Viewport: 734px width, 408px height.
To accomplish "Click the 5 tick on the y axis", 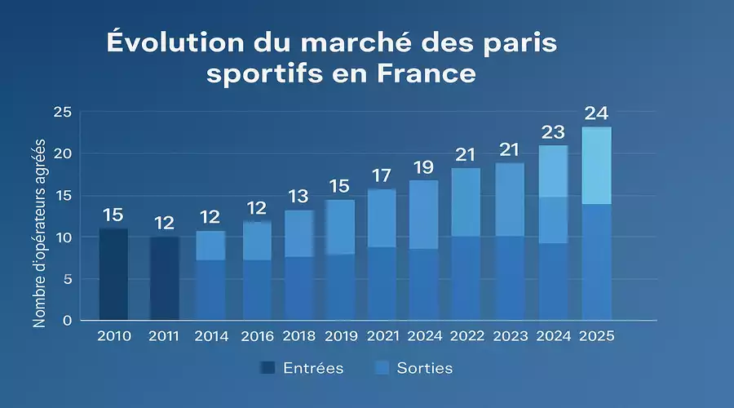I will pyautogui.click(x=69, y=279).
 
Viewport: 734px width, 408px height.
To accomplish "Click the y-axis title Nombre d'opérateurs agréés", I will pyautogui.click(x=39, y=228).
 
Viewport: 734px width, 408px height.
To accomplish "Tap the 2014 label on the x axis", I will pyautogui.click(x=211, y=336).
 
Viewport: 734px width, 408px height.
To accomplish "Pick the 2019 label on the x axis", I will pyautogui.click(x=340, y=336).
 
